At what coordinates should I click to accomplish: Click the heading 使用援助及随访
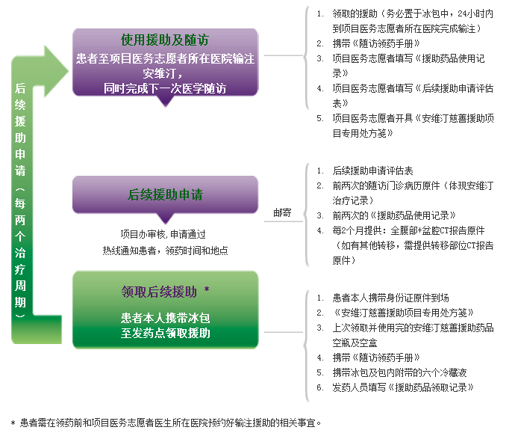coord(164,40)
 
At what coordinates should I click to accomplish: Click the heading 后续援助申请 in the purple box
coord(165,194)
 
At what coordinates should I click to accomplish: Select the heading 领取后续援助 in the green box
coord(159,292)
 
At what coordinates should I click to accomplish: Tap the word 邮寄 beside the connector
coord(282,212)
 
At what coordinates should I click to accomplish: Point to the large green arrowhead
coord(56,71)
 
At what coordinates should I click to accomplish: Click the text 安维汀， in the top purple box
coord(163,73)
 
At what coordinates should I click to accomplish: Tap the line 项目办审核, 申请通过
coord(163,234)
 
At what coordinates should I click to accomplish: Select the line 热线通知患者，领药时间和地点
coord(165,251)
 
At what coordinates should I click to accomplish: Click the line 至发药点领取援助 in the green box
coord(165,333)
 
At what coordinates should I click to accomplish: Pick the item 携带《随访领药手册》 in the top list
coord(376,43)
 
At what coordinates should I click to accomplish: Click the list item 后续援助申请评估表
coord(372,171)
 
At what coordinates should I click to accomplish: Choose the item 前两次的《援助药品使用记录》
coord(394,215)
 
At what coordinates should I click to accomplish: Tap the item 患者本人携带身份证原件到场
coord(390,298)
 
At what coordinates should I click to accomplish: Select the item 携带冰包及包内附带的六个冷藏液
coord(399,372)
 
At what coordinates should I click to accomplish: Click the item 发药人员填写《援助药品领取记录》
coord(403,387)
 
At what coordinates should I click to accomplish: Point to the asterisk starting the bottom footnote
coord(13,423)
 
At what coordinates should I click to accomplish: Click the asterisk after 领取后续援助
coord(207,289)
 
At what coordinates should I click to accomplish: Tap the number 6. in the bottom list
coord(320,387)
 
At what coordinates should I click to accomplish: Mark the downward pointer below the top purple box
coord(166,101)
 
